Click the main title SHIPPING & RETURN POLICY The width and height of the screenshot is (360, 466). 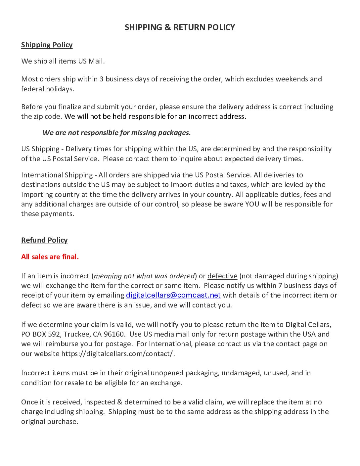(x=180, y=27)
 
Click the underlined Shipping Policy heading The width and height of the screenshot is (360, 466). (x=47, y=45)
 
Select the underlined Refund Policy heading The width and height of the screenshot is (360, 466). (x=44, y=240)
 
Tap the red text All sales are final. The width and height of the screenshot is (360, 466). (x=50, y=256)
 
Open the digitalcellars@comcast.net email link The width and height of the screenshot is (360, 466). (x=173, y=295)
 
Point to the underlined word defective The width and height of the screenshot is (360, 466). (x=222, y=276)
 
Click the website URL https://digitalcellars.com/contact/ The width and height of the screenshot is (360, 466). (x=117, y=353)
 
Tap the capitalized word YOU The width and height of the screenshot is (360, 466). (x=252, y=204)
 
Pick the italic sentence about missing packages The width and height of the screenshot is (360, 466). (x=116, y=132)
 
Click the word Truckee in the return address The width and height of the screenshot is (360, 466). (x=76, y=334)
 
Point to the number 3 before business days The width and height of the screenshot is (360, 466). (x=102, y=79)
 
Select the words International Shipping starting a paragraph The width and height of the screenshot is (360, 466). (x=57, y=175)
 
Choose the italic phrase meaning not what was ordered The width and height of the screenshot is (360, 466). (x=144, y=276)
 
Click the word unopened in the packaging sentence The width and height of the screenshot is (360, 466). (x=167, y=373)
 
